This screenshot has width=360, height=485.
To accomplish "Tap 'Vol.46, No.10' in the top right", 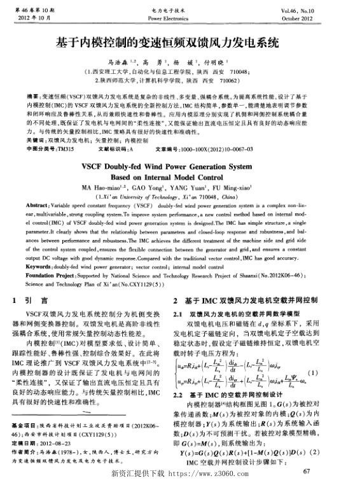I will [324, 11].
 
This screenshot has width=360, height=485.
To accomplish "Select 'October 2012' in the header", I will [325, 19].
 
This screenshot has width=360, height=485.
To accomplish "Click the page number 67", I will [307, 471].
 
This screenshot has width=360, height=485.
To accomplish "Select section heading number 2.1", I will [179, 315].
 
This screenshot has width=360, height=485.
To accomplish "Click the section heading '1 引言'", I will [31, 300].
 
